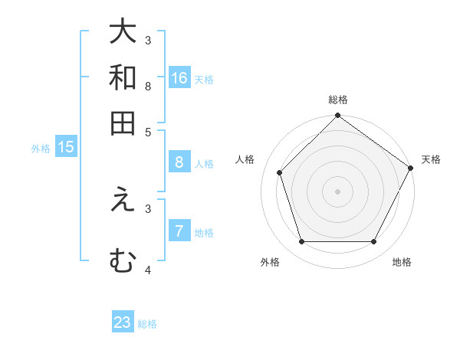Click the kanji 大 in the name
pos(123,32)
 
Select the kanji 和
pos(123,78)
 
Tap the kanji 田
pos(123,123)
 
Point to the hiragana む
pos(123,260)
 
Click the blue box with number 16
pos(179,77)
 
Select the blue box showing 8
pos(179,162)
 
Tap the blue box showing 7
pos(179,231)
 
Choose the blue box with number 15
pos(66,147)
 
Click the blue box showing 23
pos(123,322)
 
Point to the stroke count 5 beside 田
pos(148,131)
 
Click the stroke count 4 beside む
pos(148,270)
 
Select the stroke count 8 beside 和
pos(148,86)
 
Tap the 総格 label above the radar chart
pos(338,100)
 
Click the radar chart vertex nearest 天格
pos(411,168)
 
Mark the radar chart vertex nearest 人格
pos(279,172)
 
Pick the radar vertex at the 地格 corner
pos(374,242)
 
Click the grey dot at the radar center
pos(337,191)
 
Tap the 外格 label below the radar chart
pos(270,262)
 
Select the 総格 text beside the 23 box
pos(147,324)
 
